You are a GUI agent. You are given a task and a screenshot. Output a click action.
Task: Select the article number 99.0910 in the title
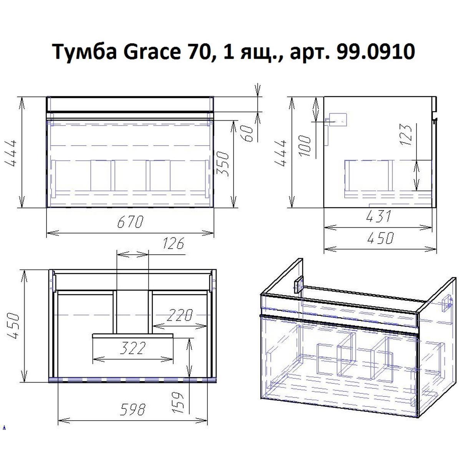[375, 53]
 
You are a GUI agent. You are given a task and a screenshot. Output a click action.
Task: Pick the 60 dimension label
[250, 133]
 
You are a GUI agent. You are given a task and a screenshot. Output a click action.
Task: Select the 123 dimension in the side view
[407, 134]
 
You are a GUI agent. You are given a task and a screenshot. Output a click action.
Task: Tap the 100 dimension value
[306, 146]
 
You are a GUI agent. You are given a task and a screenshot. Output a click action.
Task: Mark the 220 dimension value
[179, 316]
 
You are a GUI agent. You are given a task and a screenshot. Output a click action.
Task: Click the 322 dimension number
[133, 348]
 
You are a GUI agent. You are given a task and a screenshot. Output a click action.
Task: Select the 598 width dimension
[133, 410]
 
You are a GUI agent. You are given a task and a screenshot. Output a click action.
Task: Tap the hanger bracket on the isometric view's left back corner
[298, 286]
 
